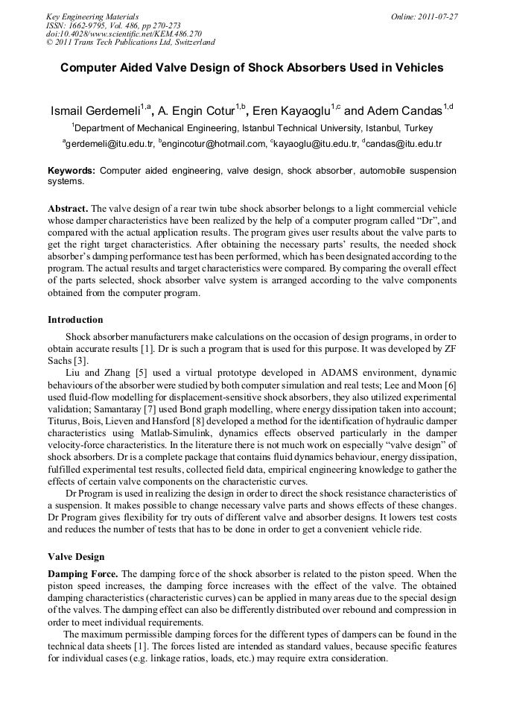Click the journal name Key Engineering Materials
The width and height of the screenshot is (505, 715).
92,16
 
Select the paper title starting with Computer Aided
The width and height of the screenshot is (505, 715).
252,68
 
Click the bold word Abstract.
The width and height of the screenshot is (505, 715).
68,209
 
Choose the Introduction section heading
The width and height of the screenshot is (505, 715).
75,320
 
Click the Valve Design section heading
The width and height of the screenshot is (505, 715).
76,557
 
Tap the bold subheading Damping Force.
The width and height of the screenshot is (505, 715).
82,574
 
